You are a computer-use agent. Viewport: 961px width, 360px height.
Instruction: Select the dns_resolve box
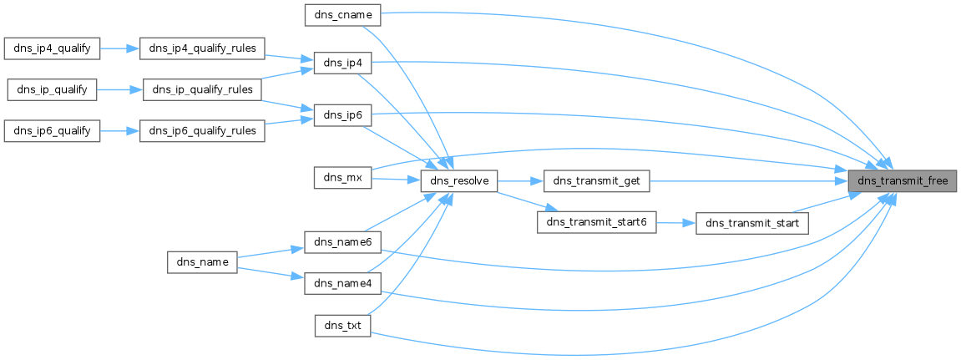459,180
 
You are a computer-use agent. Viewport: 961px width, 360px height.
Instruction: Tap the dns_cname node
343,14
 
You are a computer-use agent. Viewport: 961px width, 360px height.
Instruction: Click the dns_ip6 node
341,115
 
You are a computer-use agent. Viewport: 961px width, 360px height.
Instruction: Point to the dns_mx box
341,177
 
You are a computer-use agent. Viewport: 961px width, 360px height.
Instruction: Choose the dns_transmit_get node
596,180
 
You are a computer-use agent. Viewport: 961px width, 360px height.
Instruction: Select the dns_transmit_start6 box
596,223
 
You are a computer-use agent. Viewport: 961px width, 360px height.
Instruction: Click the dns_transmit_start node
752,223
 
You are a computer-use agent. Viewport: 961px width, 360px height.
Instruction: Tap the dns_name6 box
343,242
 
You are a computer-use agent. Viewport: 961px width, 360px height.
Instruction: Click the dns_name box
203,262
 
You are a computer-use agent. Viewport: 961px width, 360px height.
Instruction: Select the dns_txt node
341,324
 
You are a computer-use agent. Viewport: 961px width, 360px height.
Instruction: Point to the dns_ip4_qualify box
53,48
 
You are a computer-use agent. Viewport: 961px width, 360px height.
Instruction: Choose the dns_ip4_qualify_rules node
202,48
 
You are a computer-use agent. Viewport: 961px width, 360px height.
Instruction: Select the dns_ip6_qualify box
53,131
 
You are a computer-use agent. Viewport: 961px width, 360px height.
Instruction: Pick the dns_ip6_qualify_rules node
202,131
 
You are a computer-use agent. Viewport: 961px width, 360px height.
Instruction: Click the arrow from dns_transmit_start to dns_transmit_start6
676,223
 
